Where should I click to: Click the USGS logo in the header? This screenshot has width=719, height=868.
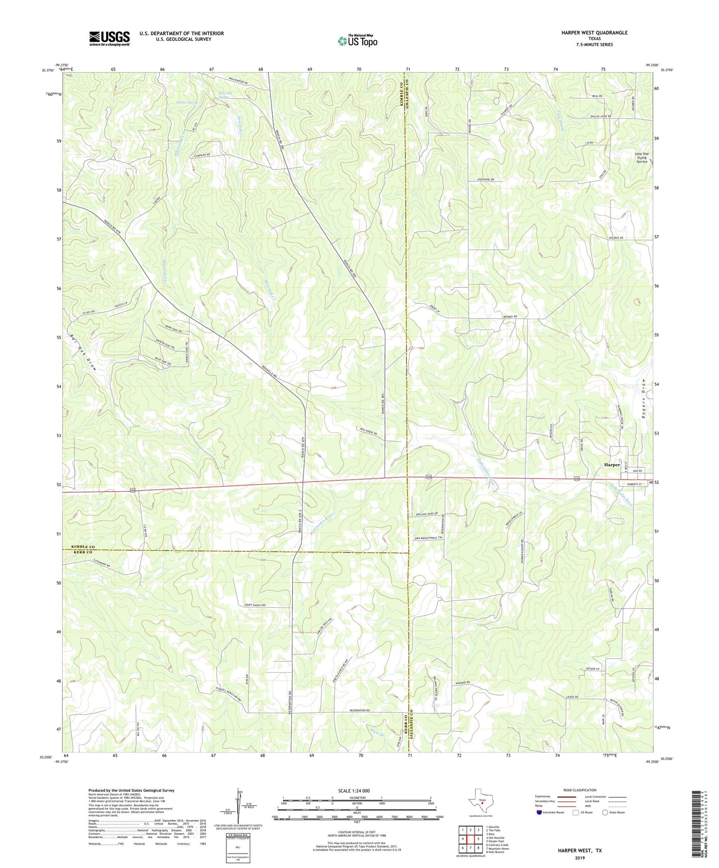[109, 38]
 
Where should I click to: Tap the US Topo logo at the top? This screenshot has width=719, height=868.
[357, 41]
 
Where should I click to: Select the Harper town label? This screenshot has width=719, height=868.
[612, 465]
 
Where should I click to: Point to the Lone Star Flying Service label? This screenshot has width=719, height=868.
[641, 158]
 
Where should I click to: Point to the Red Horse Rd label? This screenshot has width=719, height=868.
[369, 433]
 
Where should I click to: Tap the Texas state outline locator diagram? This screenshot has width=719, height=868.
[480, 803]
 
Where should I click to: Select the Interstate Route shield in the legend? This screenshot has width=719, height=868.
[540, 812]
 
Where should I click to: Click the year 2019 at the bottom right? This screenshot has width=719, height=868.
[579, 858]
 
